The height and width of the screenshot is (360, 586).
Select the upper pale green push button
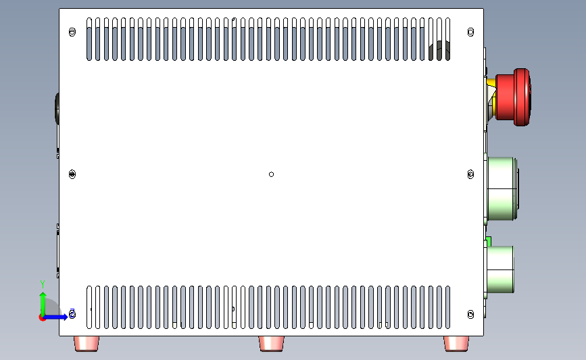pos(503,188)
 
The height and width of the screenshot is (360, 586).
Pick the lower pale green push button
pos(501,269)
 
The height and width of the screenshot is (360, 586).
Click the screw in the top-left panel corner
pos(73,32)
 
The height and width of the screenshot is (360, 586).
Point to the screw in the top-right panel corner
pos(471,32)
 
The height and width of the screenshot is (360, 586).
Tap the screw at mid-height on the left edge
pos(73,174)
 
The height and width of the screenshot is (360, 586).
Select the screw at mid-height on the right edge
pos(471,174)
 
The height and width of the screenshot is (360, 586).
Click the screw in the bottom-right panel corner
pos(471,315)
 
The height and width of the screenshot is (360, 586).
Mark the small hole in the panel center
pos(272,174)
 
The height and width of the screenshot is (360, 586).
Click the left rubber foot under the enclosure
pos(88,343)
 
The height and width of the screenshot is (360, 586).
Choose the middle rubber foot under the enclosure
pos(272,343)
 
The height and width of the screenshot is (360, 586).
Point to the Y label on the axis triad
pos(42,283)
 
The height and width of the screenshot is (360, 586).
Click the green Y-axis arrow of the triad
pos(43,302)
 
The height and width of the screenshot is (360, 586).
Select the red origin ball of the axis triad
pos(43,317)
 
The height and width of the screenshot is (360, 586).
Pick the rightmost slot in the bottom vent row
pos(447,307)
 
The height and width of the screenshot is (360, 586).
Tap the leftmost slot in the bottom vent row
pos(90,307)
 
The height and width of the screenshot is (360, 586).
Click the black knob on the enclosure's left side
pos(57,108)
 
